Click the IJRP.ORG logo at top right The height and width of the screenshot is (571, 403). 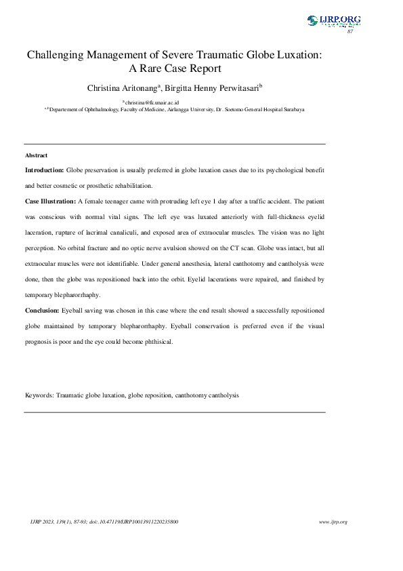pyautogui.click(x=333, y=20)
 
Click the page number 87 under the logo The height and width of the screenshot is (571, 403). pyautogui.click(x=350, y=32)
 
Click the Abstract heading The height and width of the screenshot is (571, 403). pyautogui.click(x=36, y=156)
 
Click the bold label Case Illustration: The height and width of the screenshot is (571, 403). pyautogui.click(x=51, y=202)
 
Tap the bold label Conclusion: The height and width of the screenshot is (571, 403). pyautogui.click(x=42, y=309)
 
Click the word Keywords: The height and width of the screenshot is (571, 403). pyautogui.click(x=39, y=394)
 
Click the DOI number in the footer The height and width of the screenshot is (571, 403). pyautogui.click(x=144, y=521)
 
